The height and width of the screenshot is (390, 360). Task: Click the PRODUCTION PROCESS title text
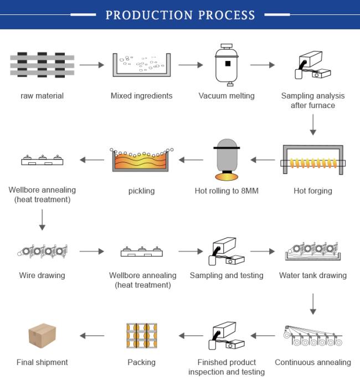[180, 15]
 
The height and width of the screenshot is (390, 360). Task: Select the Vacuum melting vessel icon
[227, 65]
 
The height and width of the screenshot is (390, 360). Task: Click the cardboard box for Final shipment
[42, 336]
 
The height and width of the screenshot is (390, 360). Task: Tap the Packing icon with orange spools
[141, 336]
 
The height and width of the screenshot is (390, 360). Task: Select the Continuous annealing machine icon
[313, 336]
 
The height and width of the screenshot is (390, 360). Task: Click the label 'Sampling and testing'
[227, 275]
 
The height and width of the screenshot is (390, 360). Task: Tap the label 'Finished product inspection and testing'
[227, 367]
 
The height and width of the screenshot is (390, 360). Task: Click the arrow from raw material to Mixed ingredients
[91, 65]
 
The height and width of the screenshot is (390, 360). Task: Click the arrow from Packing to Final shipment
[92, 336]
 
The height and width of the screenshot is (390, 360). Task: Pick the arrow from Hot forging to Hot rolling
[263, 160]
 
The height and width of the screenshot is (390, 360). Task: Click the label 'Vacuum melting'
[227, 96]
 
